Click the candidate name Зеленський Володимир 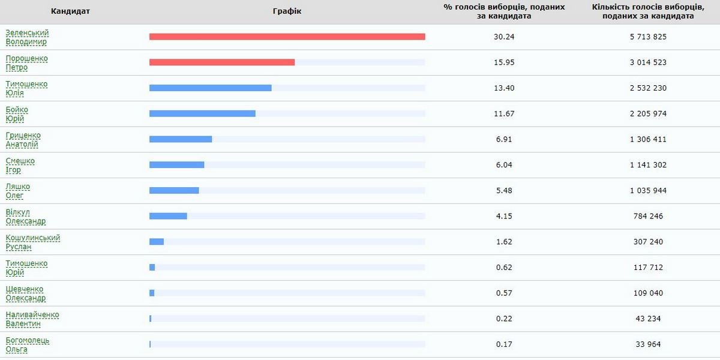27,37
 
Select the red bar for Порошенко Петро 222,62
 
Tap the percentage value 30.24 504,37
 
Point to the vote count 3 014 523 648,62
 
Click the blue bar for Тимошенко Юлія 210,88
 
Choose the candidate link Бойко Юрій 17,114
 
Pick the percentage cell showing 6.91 504,139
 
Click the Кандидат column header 70,11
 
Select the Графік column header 287,11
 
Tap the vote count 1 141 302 648,165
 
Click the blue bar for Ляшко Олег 174,191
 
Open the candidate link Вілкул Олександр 25,217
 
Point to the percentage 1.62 504,242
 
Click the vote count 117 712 648,268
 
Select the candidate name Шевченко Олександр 25,293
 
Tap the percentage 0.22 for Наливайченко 504,319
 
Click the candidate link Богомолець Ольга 27,344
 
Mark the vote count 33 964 648,344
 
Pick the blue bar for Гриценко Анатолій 181,139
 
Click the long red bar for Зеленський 287,37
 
